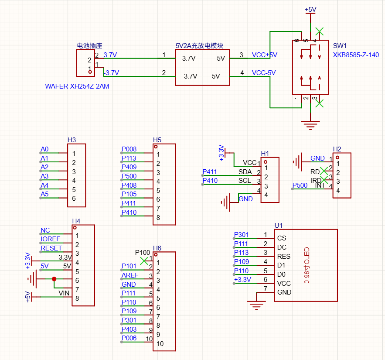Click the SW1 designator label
(340, 46)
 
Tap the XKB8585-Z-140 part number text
(356, 55)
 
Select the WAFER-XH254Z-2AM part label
(77, 86)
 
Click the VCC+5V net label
(264, 55)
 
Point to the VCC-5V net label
(264, 73)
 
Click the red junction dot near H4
(54, 279)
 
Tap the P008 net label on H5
(129, 149)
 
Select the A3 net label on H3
(44, 176)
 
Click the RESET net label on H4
(51, 248)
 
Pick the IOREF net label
(50, 239)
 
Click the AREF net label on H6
(130, 275)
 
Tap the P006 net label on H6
(129, 338)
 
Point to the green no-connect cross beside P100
(144, 261)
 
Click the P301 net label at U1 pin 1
(242, 235)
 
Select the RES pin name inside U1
(283, 257)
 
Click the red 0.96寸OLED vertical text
(307, 265)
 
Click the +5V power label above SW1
(310, 10)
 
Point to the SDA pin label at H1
(245, 172)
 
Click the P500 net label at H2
(300, 185)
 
